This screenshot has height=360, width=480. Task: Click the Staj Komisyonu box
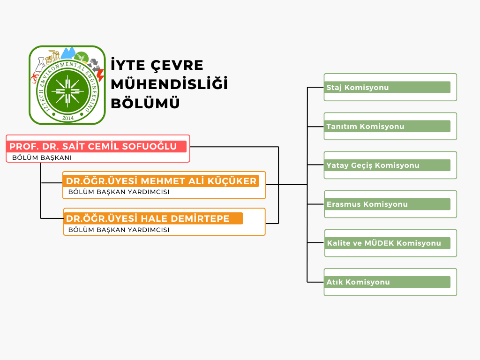coord(390,87)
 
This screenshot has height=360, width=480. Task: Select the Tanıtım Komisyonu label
coord(365,127)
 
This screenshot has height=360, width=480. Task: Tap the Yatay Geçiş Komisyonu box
coord(390,165)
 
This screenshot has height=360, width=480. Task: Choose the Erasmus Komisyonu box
coord(390,204)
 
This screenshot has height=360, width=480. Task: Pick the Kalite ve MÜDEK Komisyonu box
coord(390,243)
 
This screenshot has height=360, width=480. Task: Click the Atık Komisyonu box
coord(390,282)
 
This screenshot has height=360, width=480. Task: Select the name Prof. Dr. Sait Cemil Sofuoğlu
coord(93,146)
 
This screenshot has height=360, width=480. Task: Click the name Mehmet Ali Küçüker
coord(199,181)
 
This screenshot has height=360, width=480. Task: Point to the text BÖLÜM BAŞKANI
coord(42,157)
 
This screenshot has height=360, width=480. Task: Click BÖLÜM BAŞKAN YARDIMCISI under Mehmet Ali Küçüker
coord(119,192)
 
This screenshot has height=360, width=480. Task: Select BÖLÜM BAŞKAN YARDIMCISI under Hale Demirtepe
coord(119,230)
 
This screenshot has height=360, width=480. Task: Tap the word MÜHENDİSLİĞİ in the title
coord(169,84)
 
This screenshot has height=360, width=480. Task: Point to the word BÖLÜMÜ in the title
coord(145,103)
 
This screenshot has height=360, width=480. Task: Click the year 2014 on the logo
coord(68,118)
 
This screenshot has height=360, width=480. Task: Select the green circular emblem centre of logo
coord(67,91)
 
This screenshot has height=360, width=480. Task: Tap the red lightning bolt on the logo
coord(100,75)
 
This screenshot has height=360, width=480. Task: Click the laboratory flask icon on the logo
coord(40,65)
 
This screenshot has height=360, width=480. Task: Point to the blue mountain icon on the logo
coord(68,53)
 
